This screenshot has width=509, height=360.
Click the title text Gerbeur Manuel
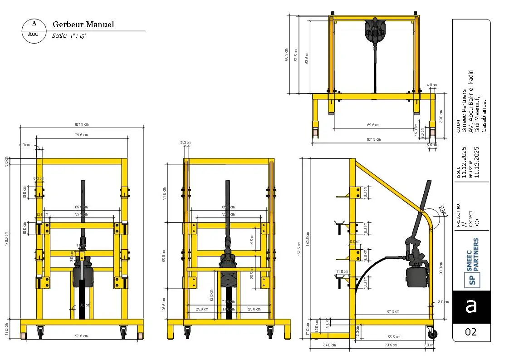(x=83, y=25)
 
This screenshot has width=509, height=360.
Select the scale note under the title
(x=69, y=36)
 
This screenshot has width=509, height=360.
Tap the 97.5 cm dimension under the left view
(x=82, y=336)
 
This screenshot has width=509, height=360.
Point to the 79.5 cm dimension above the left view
(x=81, y=135)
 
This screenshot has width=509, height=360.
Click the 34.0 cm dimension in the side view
(x=330, y=345)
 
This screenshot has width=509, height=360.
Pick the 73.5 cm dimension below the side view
(x=391, y=345)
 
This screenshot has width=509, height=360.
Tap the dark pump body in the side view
(x=416, y=276)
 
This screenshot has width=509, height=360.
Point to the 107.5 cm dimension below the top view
(x=373, y=139)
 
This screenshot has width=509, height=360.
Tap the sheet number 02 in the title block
(x=471, y=332)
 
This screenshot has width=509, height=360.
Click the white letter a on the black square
(x=471, y=306)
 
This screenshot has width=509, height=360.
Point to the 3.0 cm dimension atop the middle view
(x=185, y=143)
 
